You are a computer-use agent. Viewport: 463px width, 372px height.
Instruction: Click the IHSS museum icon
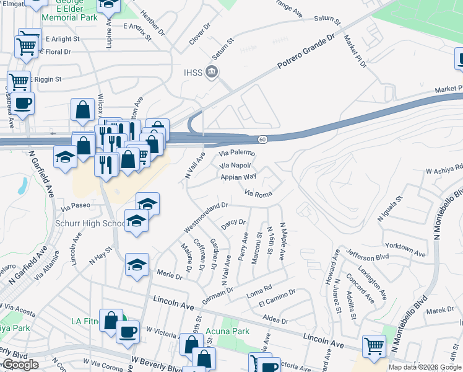pos(212,72)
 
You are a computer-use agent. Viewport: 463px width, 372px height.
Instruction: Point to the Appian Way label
pos(238,177)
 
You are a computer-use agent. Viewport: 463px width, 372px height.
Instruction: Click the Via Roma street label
pos(259,194)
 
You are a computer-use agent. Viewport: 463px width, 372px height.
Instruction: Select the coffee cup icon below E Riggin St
pos(23,104)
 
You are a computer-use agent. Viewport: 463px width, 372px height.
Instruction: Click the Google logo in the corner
pos(19,365)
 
